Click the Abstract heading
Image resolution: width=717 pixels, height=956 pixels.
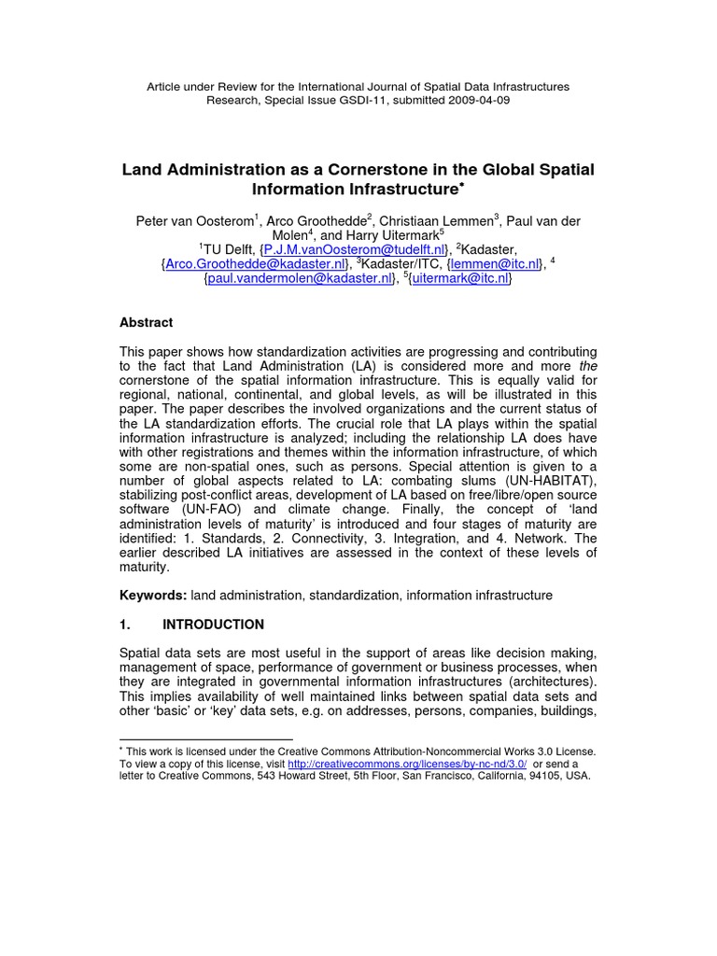tap(146, 322)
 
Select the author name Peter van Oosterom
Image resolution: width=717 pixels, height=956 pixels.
tap(195, 220)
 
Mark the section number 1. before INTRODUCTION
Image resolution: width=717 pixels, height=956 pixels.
tap(125, 625)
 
